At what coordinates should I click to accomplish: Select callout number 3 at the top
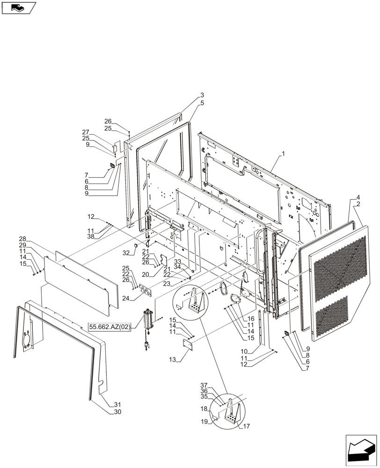point(202,95)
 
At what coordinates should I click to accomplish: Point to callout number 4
point(358,197)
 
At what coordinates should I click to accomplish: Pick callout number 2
point(358,205)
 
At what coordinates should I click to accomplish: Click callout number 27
point(86,132)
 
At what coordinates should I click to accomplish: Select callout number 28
point(22,239)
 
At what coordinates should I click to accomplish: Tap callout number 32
point(125,253)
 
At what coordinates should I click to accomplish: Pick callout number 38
point(91,237)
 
